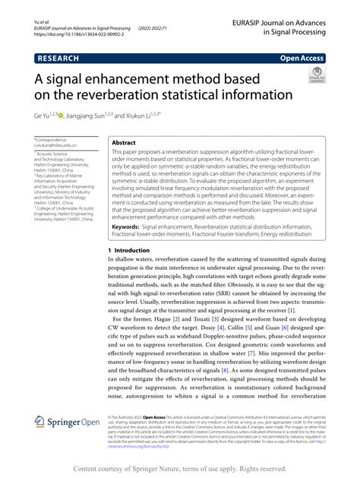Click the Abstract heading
(x=123, y=143)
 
